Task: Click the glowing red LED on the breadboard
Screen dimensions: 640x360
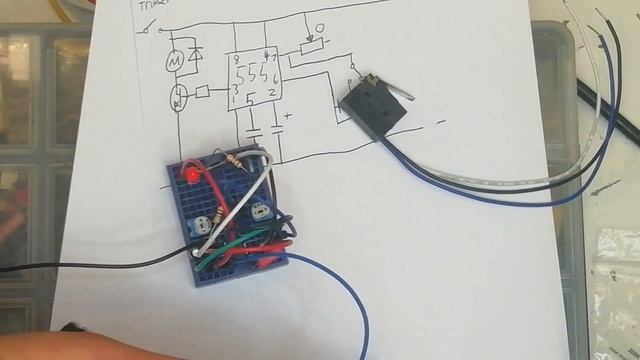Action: tap(187, 176)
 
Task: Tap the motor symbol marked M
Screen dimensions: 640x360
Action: tap(173, 63)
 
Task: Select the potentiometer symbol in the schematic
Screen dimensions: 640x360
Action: tap(314, 46)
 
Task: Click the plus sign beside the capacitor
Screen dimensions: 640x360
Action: tap(288, 117)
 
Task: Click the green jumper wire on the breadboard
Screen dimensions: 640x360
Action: tap(240, 250)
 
